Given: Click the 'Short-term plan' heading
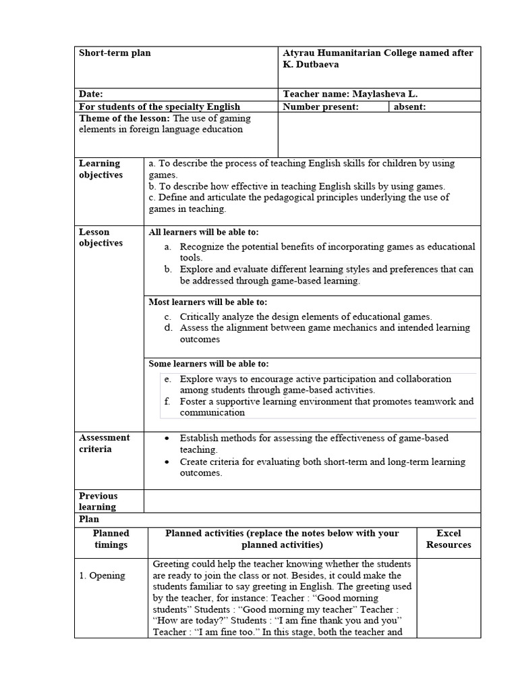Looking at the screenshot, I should [x=115, y=53].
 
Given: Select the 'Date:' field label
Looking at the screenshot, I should [x=91, y=94].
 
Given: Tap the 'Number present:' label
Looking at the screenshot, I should [x=320, y=107].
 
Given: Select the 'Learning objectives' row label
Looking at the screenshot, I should [x=100, y=169].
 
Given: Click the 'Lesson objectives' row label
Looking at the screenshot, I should [x=100, y=238].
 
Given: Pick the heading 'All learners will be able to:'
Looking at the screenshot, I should [x=203, y=232].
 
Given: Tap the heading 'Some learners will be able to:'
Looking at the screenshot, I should [x=208, y=364].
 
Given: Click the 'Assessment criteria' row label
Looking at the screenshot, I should [x=104, y=443].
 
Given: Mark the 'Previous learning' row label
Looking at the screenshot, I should [x=98, y=501].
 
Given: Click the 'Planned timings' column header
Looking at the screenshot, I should [x=111, y=539].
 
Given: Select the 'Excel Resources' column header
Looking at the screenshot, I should [x=449, y=539].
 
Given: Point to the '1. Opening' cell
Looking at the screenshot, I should [x=102, y=576].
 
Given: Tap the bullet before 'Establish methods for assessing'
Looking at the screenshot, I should [x=167, y=439].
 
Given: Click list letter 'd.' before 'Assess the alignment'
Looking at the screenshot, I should [x=169, y=328].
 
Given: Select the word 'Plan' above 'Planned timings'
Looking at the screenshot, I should [x=89, y=519].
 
